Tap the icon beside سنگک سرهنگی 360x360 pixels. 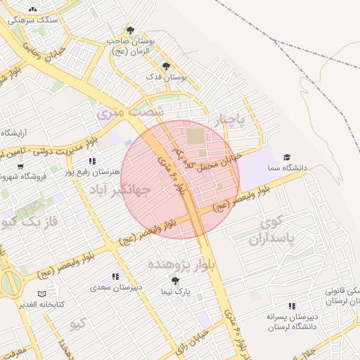pyautogui.click(x=33, y=10)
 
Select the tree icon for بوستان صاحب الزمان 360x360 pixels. pyautogui.click(x=130, y=30)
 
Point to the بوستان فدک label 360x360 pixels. pyautogui.click(x=165, y=77)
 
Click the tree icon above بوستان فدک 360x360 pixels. pyautogui.click(x=166, y=66)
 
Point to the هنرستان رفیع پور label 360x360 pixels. pyautogui.click(x=91, y=172)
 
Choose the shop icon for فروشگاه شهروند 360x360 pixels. pyautogui.click(x=20, y=167)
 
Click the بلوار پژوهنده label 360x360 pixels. pyautogui.click(x=179, y=264)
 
